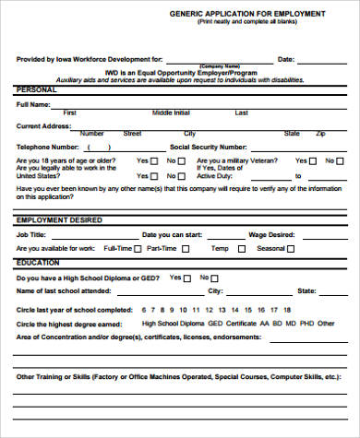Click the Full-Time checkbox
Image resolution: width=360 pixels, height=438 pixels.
[x=138, y=249]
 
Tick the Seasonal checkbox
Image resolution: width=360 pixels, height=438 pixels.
[x=294, y=249]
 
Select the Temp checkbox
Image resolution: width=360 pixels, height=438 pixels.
[x=235, y=249]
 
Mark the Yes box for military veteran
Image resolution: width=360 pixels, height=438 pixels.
[x=313, y=161]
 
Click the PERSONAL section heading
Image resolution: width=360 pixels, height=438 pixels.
[x=36, y=90]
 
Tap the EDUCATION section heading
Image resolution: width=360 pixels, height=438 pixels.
[x=39, y=263]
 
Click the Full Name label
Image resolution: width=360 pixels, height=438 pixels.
[x=34, y=104]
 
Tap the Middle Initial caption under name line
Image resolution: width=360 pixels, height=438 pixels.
[x=171, y=112]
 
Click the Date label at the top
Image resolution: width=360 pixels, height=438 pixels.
[x=286, y=58]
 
